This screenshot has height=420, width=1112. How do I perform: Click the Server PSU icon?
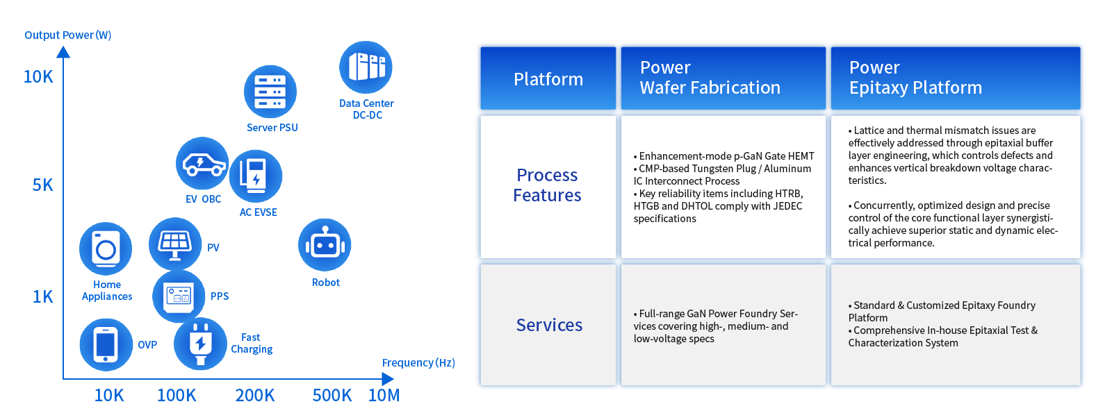pos(270,92)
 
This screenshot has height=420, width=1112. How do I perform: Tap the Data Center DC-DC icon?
pos(366,67)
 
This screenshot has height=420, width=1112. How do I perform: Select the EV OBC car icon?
pos(202,163)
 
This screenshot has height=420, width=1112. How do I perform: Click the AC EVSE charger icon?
pos(256,176)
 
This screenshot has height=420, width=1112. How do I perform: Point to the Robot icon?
pos(325,245)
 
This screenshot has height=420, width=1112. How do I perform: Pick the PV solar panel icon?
pos(175,244)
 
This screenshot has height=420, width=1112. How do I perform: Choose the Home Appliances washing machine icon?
pos(106,249)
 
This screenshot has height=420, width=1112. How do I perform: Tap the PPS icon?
pos(179,296)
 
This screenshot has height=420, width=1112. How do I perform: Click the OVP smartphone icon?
pos(106,344)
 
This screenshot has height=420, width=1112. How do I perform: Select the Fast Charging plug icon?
pos(201,344)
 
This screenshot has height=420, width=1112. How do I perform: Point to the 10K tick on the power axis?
pos(38,77)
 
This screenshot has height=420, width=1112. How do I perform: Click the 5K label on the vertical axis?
pos(42,185)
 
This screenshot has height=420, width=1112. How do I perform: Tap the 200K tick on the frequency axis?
pos(255,395)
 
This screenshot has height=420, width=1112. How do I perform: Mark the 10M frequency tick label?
pos(384,395)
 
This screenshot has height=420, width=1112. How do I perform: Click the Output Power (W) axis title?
pos(68,35)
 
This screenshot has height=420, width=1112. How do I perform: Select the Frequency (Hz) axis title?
pos(418,362)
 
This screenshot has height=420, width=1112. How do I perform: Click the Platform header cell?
pos(548,78)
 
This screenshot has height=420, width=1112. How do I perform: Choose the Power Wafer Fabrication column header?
pos(723,78)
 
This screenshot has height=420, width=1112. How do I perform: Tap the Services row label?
pos(549,325)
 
